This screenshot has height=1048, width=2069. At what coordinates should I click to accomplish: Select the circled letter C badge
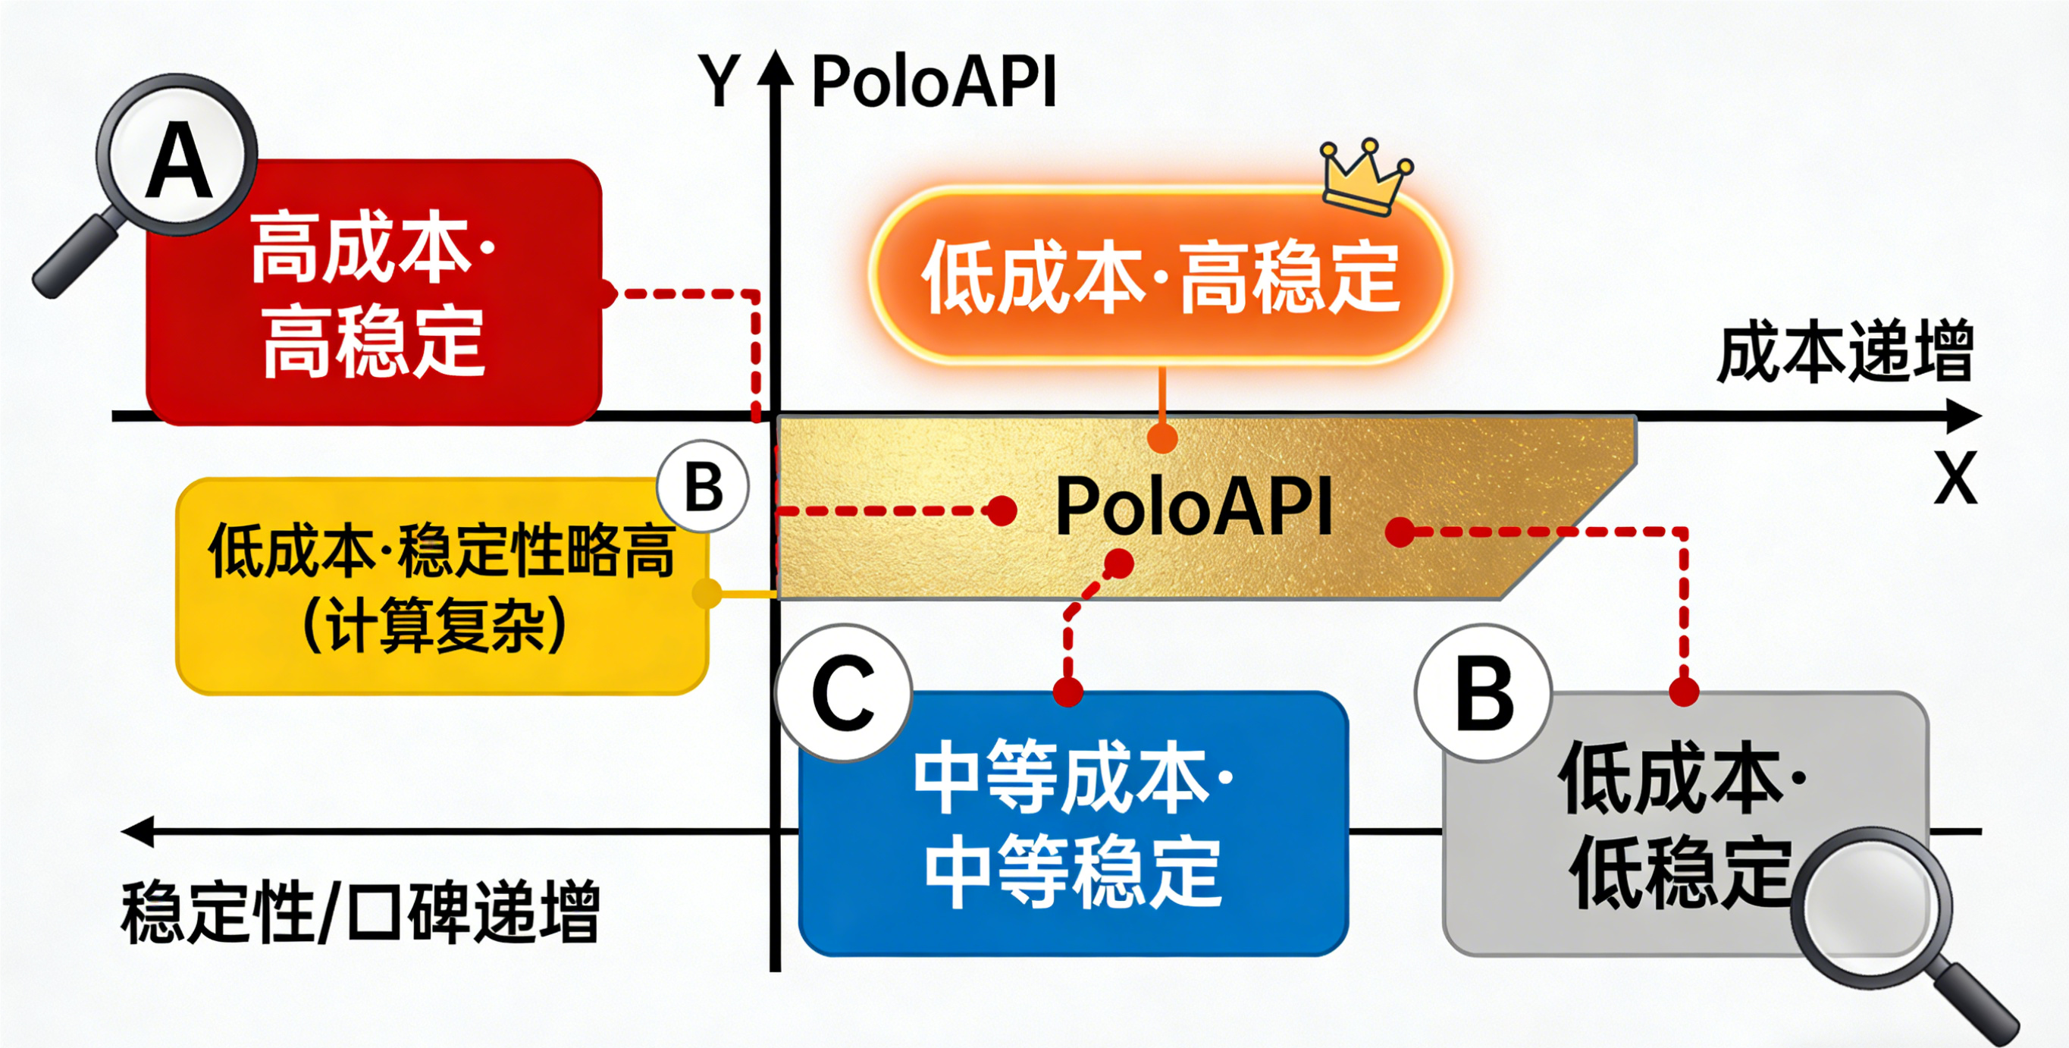(843, 694)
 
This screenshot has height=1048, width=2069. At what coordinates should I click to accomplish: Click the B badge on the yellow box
(703, 487)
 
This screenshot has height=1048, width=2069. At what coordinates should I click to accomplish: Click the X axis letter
(1955, 479)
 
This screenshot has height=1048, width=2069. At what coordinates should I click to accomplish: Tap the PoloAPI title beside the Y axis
(933, 82)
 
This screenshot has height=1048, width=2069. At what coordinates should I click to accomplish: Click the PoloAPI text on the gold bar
(1193, 507)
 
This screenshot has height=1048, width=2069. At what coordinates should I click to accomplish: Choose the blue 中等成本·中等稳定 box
(1072, 823)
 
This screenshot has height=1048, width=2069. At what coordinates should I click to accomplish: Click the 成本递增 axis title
(1845, 353)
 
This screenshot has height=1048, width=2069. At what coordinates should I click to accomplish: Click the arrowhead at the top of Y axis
(775, 68)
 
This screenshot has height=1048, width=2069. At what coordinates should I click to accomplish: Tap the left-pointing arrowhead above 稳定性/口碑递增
(138, 832)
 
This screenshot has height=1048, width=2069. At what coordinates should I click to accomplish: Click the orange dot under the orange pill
(1162, 438)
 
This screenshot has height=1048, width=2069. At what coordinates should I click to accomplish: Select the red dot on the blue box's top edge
(1067, 692)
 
